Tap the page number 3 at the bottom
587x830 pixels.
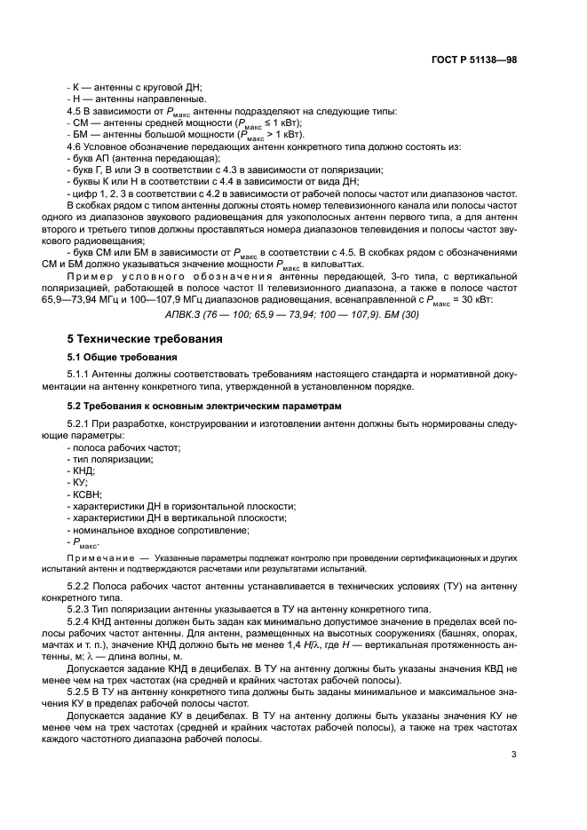[514, 755]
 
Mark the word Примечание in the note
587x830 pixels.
[98, 557]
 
